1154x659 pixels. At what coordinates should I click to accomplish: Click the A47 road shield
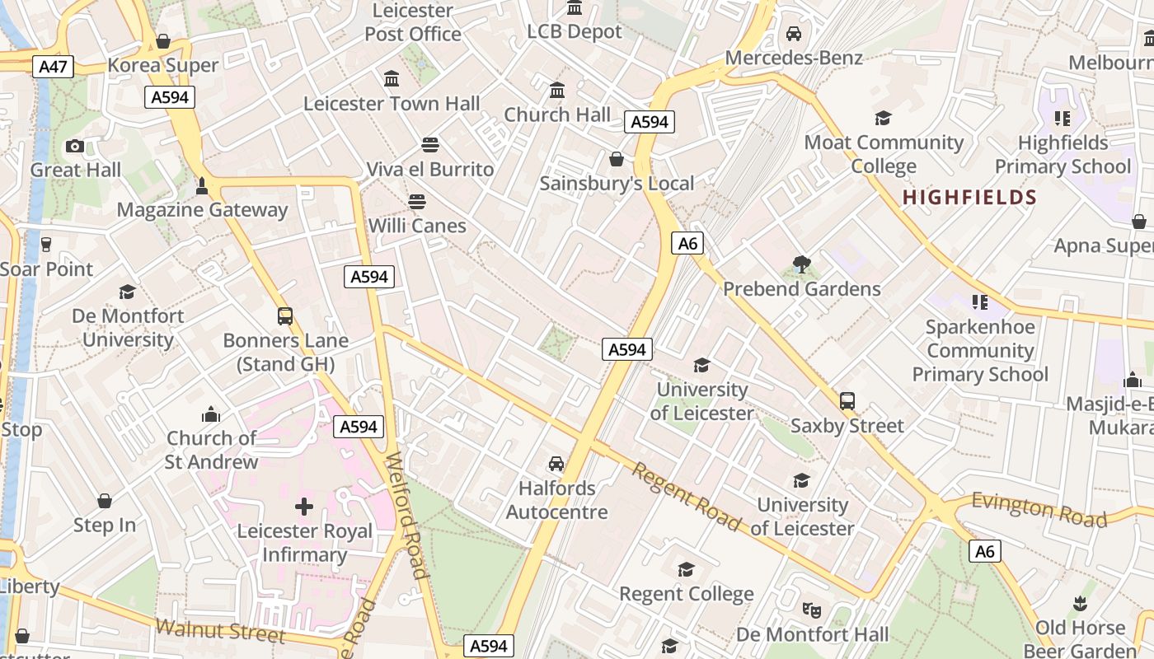pos(54,67)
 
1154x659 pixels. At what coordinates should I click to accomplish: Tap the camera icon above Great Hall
pos(75,146)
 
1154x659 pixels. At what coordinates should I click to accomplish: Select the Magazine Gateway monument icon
pos(202,186)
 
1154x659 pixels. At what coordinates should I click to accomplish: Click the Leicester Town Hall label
pos(392,104)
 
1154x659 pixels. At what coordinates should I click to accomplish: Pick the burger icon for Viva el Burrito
pos(429,145)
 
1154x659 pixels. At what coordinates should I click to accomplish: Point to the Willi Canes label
pos(417,226)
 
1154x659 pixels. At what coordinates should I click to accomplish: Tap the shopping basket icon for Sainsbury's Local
pos(617,159)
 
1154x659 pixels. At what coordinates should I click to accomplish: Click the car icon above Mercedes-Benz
pos(794,34)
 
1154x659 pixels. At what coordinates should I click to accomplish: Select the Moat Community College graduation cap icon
pos(884,119)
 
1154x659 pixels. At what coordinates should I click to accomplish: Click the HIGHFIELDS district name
pos(969,198)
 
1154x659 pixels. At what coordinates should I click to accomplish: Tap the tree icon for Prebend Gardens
pos(801,264)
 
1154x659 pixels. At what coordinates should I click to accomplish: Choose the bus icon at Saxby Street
pos(847,401)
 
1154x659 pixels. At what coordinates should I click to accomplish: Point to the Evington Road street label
pos(1039,509)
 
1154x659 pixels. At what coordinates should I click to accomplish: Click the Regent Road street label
pos(687,497)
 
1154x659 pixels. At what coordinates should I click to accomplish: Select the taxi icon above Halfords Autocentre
pos(556,464)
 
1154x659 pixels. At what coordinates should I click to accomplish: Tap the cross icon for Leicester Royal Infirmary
pos(304,507)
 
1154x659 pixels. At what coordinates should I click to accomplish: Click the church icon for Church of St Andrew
pos(212,414)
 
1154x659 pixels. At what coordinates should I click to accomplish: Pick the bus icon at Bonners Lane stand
pos(285,315)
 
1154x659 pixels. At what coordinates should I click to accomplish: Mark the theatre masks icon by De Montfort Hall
pos(812,610)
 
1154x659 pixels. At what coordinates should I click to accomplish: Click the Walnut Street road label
pos(220,630)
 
